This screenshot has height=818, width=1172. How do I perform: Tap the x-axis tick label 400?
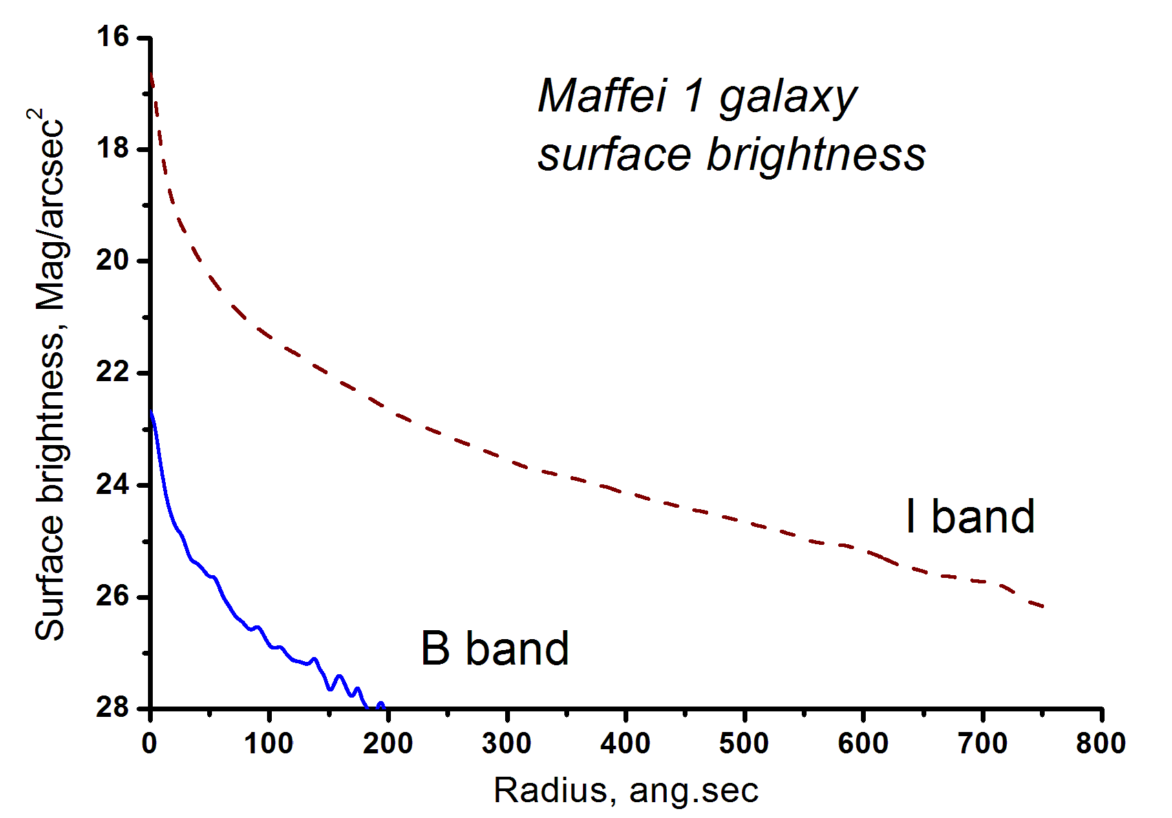(x=626, y=744)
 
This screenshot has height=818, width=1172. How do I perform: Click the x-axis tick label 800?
(x=1101, y=744)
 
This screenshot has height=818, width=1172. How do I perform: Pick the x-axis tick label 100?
(x=268, y=744)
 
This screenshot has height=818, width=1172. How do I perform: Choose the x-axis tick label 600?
(x=863, y=744)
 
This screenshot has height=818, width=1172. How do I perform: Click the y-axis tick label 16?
(x=114, y=36)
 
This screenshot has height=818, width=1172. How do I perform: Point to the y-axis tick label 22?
(x=114, y=372)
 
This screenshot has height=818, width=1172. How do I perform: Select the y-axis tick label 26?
(x=114, y=596)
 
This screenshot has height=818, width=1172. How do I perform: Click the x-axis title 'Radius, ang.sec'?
(x=626, y=790)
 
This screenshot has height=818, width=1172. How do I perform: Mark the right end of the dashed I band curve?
(x=1044, y=607)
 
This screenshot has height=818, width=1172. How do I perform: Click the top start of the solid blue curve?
(x=151, y=413)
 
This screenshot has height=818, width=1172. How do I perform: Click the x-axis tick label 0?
(x=149, y=744)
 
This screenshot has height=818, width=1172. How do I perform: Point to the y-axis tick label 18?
(x=114, y=149)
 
